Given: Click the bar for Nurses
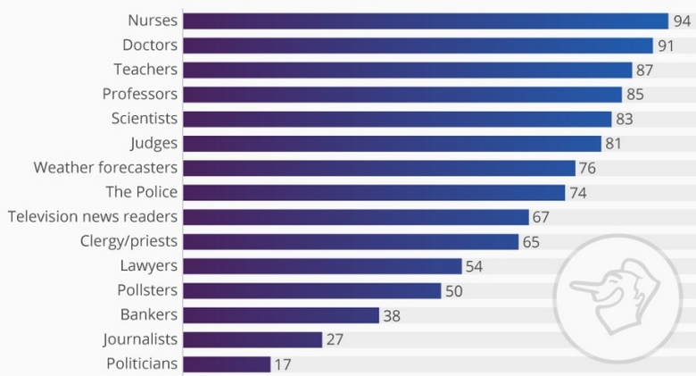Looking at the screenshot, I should click(x=425, y=21).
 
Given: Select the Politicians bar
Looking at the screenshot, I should click(x=227, y=363).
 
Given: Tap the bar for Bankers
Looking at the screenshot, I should click(x=281, y=314).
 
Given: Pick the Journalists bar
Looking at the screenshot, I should click(x=253, y=339).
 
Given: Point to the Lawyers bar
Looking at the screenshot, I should click(x=322, y=265).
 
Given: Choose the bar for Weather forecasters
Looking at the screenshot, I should click(x=379, y=168).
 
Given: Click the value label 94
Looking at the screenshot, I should click(x=683, y=21).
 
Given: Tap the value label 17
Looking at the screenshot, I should click(x=283, y=364).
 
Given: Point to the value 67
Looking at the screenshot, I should click(x=542, y=217).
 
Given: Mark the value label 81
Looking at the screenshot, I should click(x=614, y=143).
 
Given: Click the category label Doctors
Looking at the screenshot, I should click(x=150, y=45).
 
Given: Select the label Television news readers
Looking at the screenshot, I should click(x=93, y=216).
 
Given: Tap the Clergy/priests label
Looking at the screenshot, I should click(x=128, y=241).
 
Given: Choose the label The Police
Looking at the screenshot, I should click(x=141, y=192).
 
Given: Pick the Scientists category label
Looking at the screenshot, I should click(x=145, y=118).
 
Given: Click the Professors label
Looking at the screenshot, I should click(x=140, y=94).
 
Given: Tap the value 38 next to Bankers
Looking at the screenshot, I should click(x=393, y=315).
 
